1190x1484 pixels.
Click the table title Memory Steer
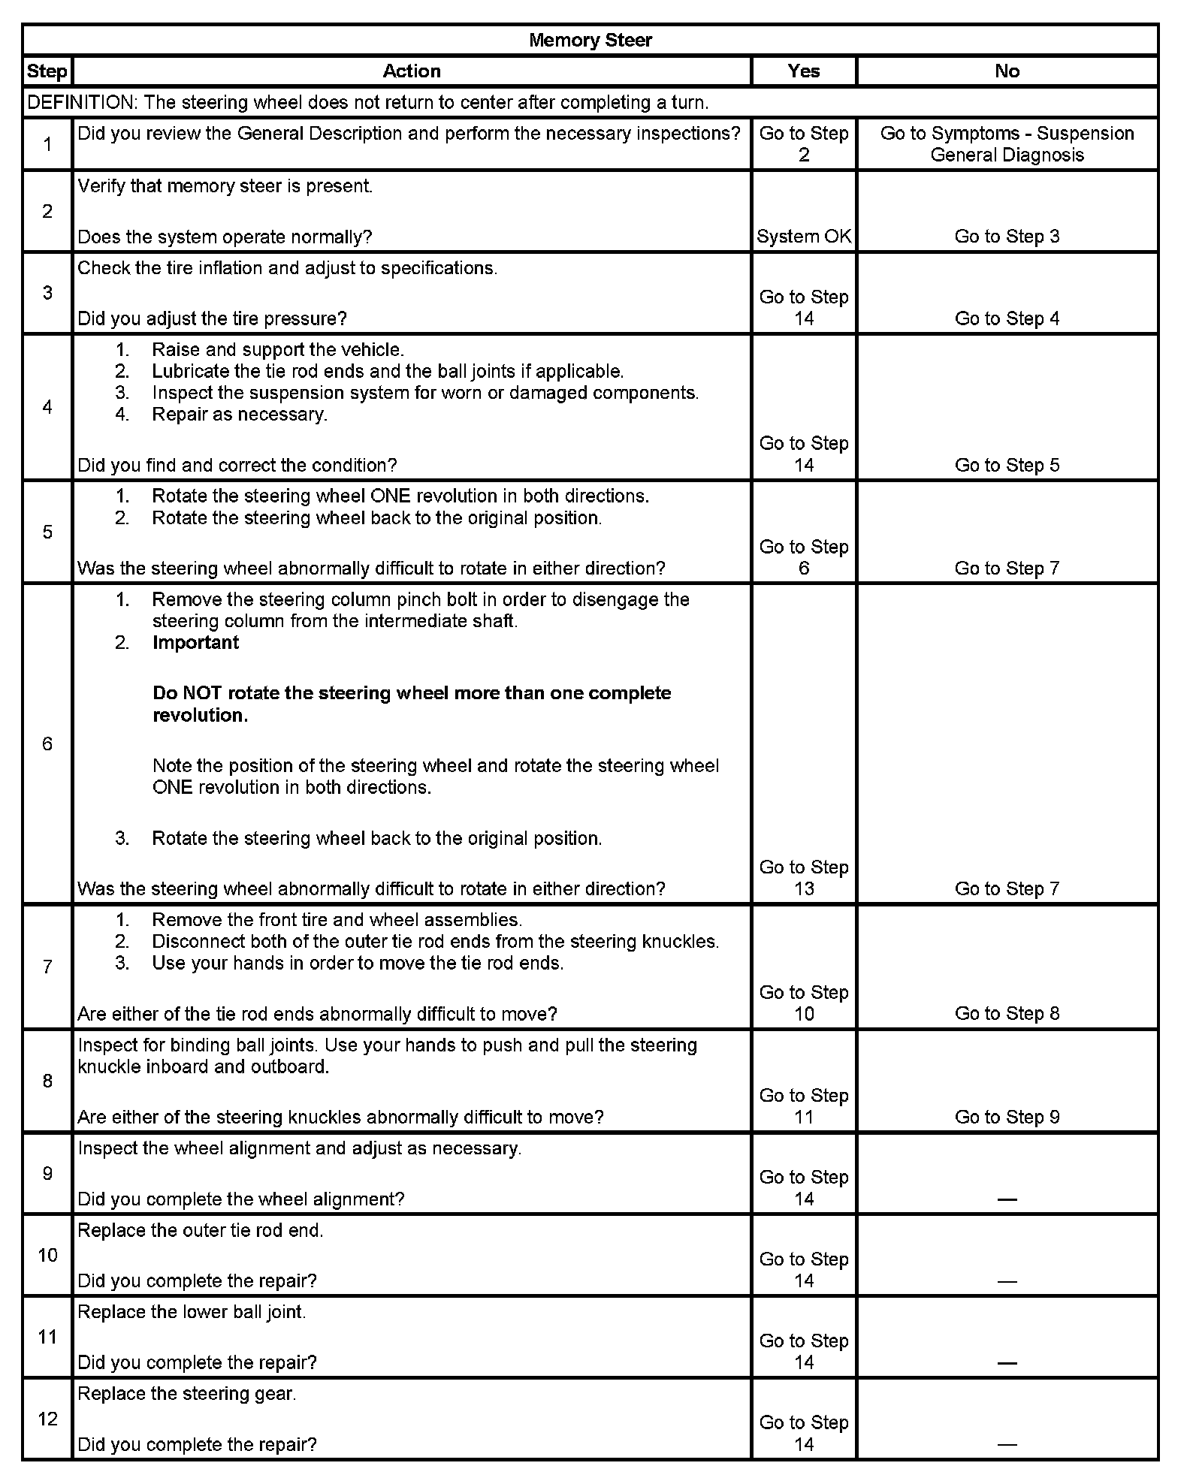point(590,40)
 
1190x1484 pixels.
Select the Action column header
point(412,71)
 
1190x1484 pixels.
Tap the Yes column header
point(804,71)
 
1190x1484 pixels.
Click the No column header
point(1007,71)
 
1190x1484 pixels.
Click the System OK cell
point(804,237)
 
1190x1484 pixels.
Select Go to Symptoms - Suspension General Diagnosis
point(1007,143)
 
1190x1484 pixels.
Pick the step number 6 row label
point(47,744)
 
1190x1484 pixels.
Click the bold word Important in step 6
point(195,643)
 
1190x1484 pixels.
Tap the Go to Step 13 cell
point(804,878)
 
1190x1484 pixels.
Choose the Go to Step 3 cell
point(1007,237)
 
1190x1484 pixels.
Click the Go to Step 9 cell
point(1007,1117)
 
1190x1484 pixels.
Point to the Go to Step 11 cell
point(804,1106)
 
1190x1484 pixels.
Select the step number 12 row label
point(47,1419)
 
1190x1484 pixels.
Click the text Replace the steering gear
point(187,1393)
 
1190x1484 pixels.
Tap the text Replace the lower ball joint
point(192,1312)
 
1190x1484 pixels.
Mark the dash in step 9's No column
point(1007,1199)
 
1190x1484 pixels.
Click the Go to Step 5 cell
point(1007,465)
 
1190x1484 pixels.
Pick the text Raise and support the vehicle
point(278,350)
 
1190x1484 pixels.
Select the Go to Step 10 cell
point(804,1003)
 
